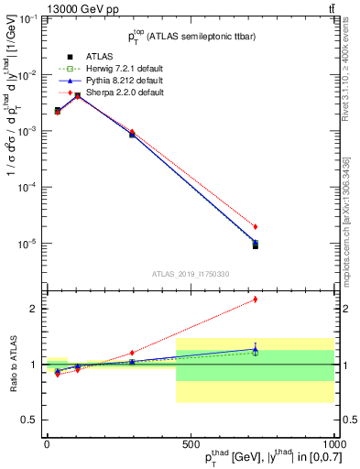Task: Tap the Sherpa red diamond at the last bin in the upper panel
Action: (x=256, y=226)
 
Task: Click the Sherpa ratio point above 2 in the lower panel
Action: (x=256, y=300)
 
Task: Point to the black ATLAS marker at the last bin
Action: (x=256, y=245)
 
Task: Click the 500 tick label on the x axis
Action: (x=191, y=443)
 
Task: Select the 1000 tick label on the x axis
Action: (x=333, y=443)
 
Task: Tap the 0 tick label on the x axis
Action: (x=47, y=443)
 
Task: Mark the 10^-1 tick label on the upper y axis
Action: (x=27, y=18)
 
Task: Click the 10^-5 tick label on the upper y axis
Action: (x=27, y=244)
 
